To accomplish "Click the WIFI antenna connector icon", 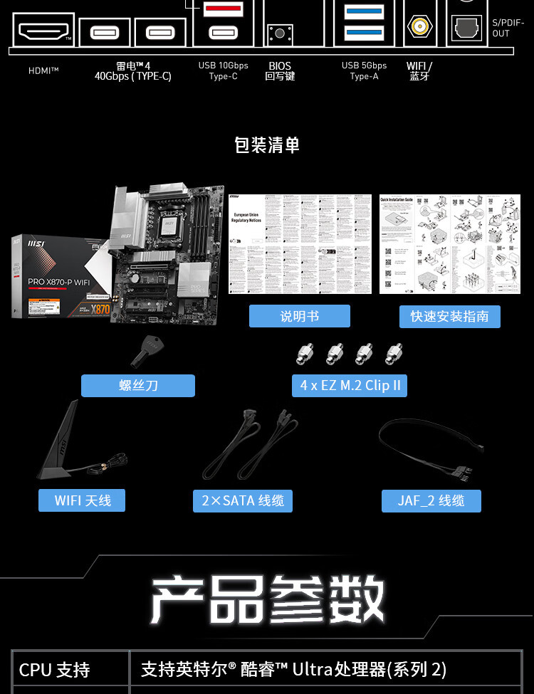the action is click(420, 28).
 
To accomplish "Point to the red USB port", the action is click(223, 9).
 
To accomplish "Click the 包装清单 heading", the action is click(267, 145).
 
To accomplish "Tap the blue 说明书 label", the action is click(299, 316).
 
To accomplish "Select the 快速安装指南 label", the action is click(449, 316).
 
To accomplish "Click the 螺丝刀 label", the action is click(137, 386).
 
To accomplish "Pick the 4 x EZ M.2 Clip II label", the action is click(350, 386).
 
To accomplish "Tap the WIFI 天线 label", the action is click(83, 500).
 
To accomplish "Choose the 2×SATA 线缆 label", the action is click(242, 500).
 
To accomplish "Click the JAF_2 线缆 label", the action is click(431, 500).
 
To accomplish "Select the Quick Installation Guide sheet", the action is click(435, 243).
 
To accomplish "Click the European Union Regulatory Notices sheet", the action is click(300, 243).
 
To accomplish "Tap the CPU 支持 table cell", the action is click(70, 669).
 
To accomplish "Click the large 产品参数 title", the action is click(267, 600).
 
